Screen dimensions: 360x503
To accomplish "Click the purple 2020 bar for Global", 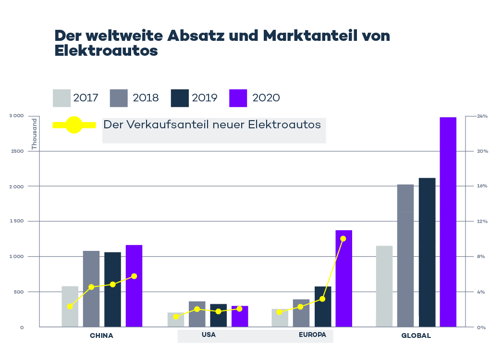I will click(x=448, y=222).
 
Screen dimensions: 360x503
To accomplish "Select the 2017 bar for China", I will click(x=70, y=306).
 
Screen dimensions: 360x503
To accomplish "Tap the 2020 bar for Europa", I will click(x=344, y=278).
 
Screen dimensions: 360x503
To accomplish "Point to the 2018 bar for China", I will click(x=91, y=288).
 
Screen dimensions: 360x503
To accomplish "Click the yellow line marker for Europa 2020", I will click(x=343, y=239).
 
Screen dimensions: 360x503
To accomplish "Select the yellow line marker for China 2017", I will click(x=70, y=306).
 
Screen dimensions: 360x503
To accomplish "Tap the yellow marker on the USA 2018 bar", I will click(x=197, y=309).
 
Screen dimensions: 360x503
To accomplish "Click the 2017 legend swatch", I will click(x=62, y=98).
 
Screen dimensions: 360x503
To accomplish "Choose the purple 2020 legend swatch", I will click(x=239, y=98).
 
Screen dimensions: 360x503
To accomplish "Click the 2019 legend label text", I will click(x=205, y=98).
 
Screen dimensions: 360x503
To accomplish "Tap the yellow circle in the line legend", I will click(x=74, y=125).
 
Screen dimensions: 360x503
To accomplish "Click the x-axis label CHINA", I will click(x=101, y=335).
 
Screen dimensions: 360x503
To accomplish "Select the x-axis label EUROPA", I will click(x=312, y=335).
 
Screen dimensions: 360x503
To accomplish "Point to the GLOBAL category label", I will click(x=416, y=335).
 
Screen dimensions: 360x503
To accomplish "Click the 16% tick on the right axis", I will click(x=482, y=186).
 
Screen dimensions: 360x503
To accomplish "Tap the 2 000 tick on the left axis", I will click(x=17, y=186).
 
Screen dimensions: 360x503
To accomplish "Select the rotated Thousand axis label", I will click(x=35, y=134).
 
